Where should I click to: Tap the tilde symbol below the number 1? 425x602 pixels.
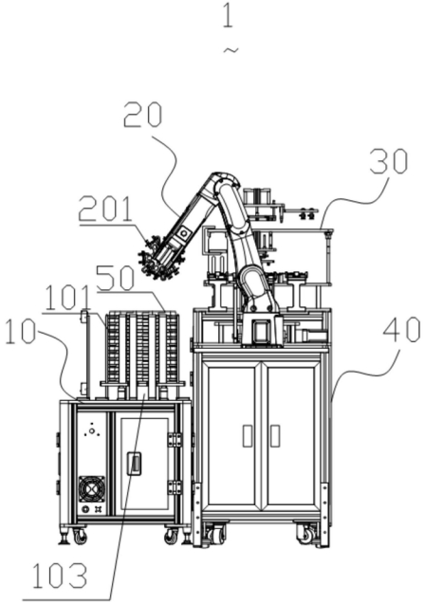tap(231, 50)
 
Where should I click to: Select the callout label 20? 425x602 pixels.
tap(143, 115)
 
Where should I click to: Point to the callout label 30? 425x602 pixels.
tap(389, 161)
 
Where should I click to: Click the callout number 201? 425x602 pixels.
tap(105, 209)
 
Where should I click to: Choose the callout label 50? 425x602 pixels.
tap(115, 279)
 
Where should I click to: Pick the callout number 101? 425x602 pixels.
tap(66, 299)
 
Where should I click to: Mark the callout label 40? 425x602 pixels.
tap(401, 331)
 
